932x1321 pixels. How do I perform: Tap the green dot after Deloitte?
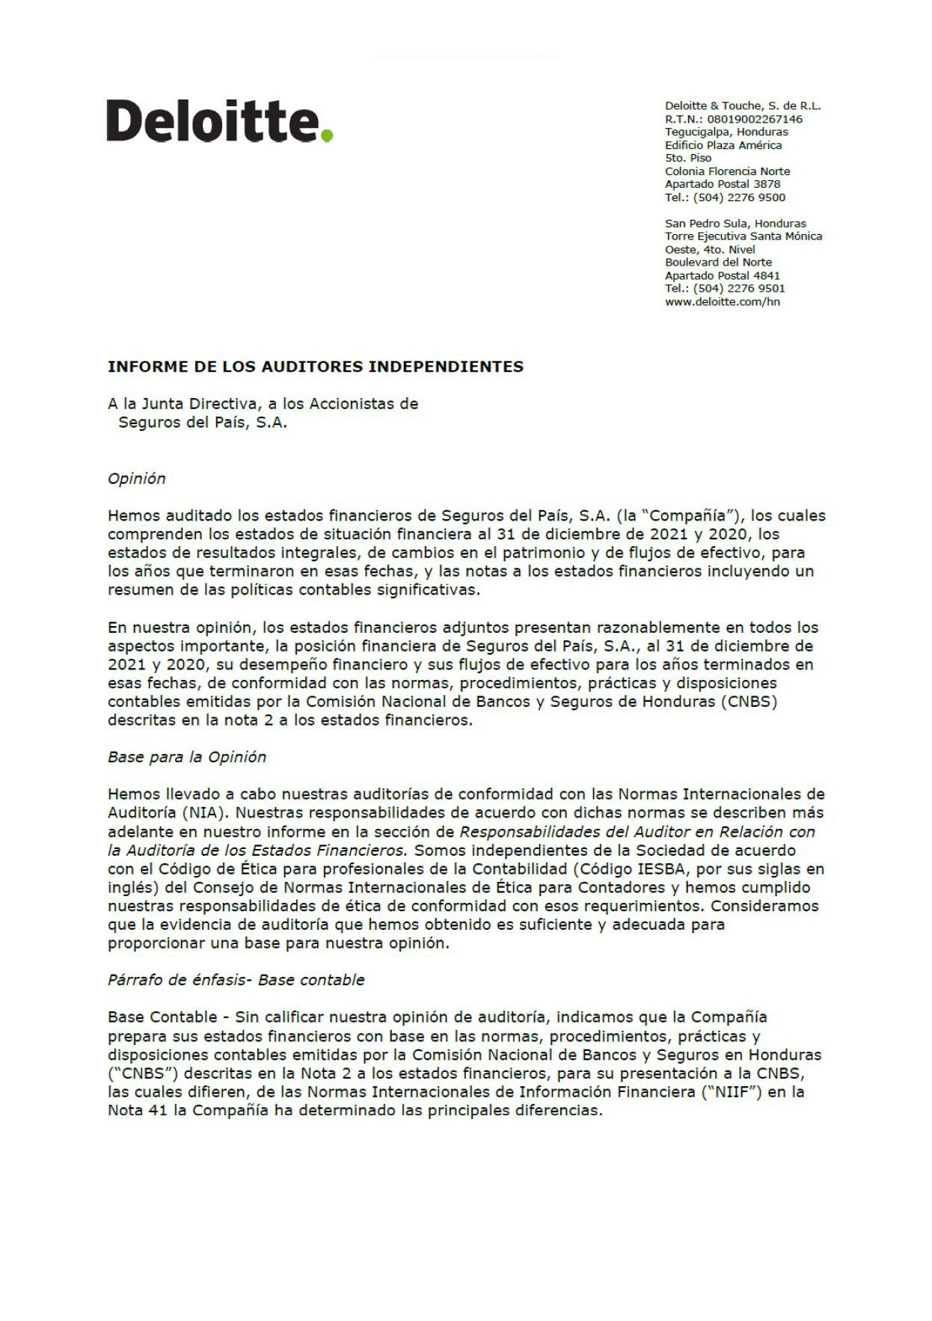326,135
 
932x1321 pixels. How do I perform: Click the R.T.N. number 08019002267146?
755,119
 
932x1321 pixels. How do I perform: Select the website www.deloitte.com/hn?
722,301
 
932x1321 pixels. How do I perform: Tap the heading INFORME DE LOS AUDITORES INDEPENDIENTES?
315,367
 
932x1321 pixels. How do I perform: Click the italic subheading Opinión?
136,479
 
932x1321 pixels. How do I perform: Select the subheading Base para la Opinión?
186,757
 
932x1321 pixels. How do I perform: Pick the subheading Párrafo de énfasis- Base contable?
236,980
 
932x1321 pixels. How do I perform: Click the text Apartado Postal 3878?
722,184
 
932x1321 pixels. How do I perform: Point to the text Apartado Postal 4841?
722,275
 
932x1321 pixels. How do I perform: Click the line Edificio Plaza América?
723,145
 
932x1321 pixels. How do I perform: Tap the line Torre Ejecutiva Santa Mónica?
743,236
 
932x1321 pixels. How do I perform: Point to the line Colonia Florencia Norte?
727,171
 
